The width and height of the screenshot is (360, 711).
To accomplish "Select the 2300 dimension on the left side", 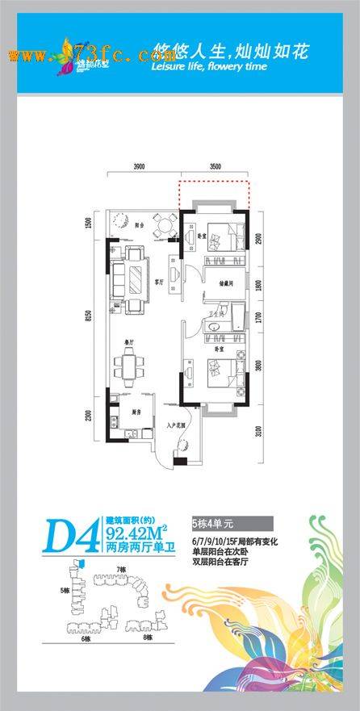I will [x=90, y=416].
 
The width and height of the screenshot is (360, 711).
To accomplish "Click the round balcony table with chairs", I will [x=165, y=224].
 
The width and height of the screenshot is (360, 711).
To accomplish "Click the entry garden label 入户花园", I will [x=177, y=425].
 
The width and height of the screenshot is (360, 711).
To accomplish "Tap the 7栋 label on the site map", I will [x=121, y=571].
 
